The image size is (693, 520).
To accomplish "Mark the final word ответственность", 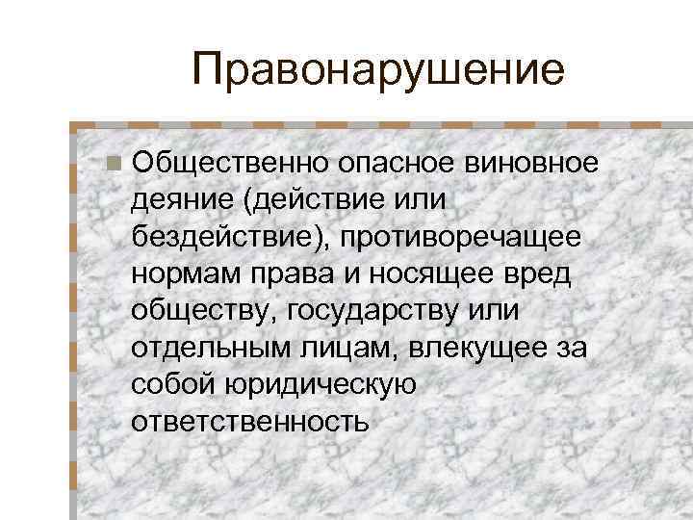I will click(251, 422).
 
